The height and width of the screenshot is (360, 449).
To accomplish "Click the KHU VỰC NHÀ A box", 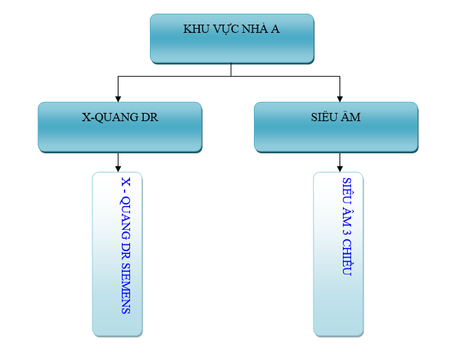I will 232,38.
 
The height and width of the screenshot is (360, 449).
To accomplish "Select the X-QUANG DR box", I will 120,127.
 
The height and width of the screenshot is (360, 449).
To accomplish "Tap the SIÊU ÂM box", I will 335,127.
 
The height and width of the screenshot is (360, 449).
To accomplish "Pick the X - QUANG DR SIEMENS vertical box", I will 117,254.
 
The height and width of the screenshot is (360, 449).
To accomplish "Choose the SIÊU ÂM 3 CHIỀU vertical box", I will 338,254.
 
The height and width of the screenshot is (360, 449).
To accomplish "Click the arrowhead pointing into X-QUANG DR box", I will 118,98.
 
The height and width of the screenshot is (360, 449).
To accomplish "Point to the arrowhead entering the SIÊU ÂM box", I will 340,98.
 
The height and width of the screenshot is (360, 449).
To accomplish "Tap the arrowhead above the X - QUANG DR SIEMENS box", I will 118,167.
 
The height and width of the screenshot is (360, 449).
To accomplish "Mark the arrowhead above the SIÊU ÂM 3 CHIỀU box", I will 340,167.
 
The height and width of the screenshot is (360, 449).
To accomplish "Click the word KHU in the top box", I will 194,29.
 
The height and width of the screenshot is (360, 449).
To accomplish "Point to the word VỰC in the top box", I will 224,29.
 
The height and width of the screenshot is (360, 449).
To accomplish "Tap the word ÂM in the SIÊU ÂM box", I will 350,117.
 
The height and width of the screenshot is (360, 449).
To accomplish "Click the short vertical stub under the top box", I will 231,69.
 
